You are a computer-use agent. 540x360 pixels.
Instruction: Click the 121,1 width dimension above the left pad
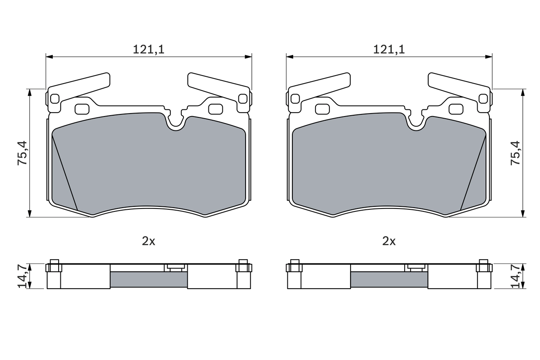tap(148, 49)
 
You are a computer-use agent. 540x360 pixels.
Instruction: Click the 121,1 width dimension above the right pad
tap(389, 49)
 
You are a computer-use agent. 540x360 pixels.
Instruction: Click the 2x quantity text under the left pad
tap(148, 241)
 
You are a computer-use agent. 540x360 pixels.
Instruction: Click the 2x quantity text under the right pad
tap(389, 241)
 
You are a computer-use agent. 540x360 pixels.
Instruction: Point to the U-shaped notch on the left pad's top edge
tap(176, 122)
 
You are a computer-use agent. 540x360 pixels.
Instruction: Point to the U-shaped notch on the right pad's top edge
tap(416, 122)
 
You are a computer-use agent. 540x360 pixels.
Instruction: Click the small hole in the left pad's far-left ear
tap(54, 99)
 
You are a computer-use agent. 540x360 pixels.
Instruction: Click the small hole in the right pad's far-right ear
tap(483, 99)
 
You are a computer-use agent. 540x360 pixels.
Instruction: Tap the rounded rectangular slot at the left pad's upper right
tap(216, 109)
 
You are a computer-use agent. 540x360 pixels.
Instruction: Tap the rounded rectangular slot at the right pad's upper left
tap(322, 109)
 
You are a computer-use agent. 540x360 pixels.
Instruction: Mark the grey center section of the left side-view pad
tap(148, 279)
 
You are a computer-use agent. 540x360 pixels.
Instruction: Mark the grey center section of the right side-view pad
tap(389, 279)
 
